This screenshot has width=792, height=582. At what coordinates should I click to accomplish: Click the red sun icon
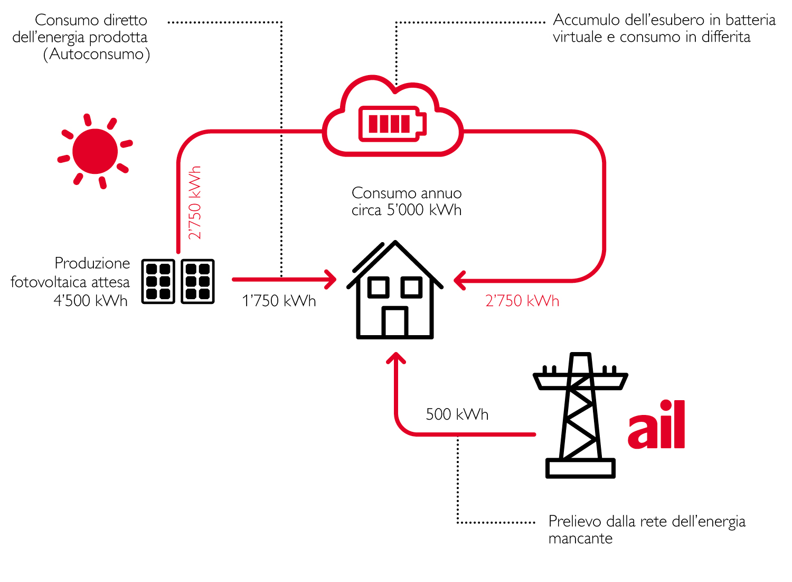tap(95, 151)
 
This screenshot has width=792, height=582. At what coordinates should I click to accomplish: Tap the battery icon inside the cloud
tap(392, 124)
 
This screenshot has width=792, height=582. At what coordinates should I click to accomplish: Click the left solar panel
tap(158, 281)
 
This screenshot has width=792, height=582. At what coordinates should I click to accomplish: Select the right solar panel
tap(197, 281)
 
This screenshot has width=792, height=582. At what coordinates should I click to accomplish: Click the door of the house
tap(394, 321)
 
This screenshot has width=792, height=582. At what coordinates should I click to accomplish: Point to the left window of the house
tap(378, 287)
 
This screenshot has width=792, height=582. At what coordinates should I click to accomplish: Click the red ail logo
tap(656, 425)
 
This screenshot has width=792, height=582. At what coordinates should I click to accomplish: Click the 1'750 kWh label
tap(279, 301)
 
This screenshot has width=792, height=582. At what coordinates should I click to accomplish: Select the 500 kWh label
tap(457, 414)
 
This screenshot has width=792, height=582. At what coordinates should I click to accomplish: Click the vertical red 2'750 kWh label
tap(195, 202)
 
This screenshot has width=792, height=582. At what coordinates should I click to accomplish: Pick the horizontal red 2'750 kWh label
tap(522, 301)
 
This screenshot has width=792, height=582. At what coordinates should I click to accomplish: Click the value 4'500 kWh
tap(91, 301)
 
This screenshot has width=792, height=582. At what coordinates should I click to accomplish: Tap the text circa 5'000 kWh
tap(407, 210)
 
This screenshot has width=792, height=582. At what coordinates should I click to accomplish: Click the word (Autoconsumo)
tap(97, 54)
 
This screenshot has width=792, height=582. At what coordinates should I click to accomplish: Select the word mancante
tap(580, 539)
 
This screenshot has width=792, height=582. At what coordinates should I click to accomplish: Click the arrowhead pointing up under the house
tap(395, 359)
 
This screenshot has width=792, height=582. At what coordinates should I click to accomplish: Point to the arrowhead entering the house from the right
tap(459, 280)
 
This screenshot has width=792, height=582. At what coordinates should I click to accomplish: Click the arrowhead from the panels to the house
tap(331, 280)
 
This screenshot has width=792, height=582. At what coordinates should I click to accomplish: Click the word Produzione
tap(92, 263)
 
